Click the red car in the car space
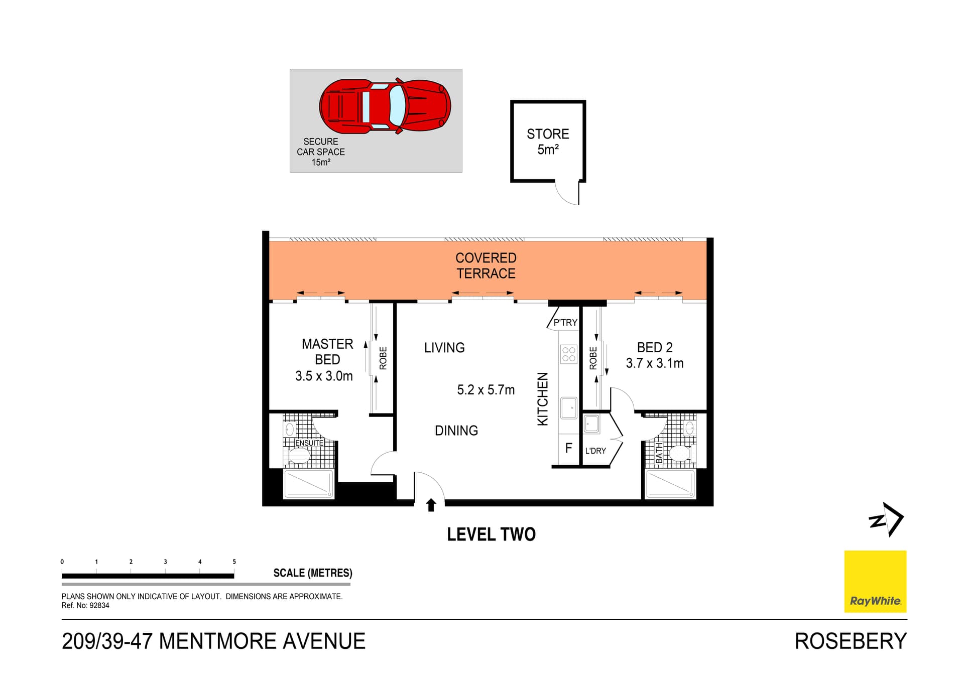pos(385,106)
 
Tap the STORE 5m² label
pos(548,142)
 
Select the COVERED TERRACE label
pos(486,265)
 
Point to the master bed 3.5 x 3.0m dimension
pos(324,376)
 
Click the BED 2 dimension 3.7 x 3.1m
pos(654,363)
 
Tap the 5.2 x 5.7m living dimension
pos(486,390)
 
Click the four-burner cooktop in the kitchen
pos(569,354)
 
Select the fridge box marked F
pos(568,448)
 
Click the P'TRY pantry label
pos(565,323)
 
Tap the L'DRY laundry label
pos(595,451)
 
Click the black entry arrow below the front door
pos(431,505)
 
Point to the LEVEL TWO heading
pos(491,534)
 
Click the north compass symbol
pos(887,519)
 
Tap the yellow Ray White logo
pos(875,581)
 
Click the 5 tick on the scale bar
pos(234,562)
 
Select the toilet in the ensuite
pos(299,456)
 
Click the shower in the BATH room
pos(670,484)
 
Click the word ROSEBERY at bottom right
pos(851,641)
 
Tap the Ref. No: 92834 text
pos(85,606)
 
